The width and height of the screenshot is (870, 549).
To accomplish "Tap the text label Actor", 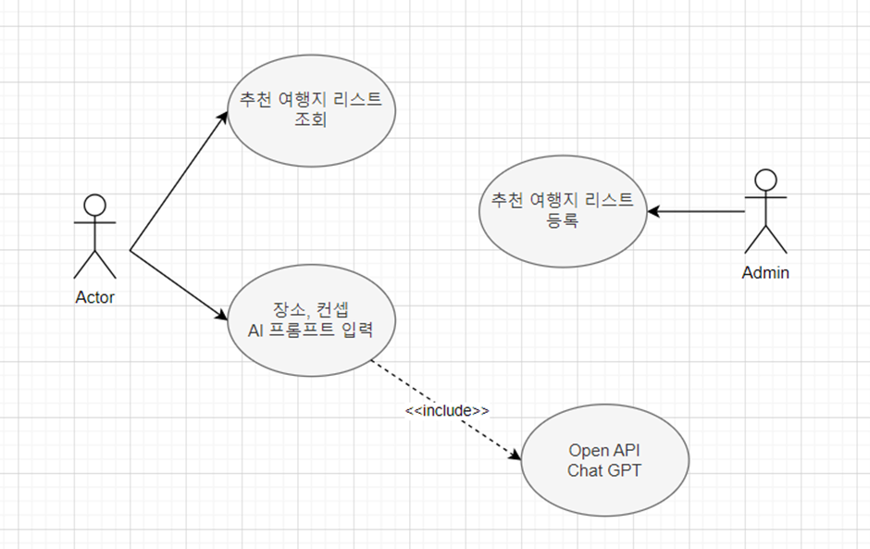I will [x=94, y=297].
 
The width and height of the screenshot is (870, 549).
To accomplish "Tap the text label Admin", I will [x=765, y=272].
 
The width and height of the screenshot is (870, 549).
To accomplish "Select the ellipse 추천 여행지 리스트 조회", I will [x=311, y=110].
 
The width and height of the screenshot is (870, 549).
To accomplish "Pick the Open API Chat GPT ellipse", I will [x=604, y=460].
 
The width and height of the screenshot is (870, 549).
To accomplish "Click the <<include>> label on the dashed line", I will [x=447, y=409].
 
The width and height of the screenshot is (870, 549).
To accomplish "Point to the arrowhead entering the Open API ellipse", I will [x=516, y=453].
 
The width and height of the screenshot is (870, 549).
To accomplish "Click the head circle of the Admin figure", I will [x=765, y=180].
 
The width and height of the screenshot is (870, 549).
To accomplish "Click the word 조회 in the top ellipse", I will [x=311, y=120].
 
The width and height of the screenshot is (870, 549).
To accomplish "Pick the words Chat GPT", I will [x=604, y=470].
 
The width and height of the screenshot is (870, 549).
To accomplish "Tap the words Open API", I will [x=604, y=450].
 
